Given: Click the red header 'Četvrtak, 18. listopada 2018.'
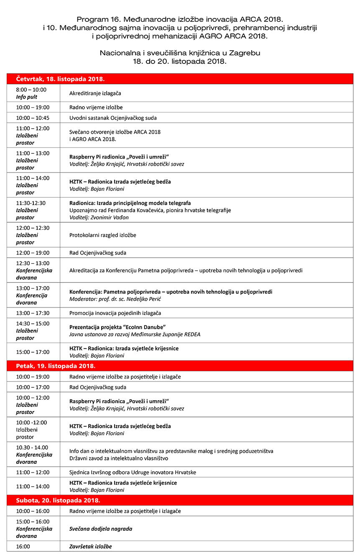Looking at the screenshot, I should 60,79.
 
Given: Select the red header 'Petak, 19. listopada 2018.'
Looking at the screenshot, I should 56,366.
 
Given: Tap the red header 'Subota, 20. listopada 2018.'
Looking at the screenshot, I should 58,500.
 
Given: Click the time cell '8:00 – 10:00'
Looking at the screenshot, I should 31,90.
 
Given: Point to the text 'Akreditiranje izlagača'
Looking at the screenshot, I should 95,94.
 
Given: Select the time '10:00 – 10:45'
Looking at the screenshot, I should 33,118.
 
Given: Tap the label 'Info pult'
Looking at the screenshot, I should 27,97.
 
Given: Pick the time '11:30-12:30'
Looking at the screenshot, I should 31,203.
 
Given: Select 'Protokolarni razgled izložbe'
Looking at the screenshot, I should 103,235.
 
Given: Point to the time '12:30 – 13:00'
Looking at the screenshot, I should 33,263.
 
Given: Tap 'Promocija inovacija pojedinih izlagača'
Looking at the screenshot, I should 115,313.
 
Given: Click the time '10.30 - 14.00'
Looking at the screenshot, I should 32,447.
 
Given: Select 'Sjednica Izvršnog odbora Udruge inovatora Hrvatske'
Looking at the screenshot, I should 133,472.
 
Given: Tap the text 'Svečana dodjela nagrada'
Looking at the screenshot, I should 101,529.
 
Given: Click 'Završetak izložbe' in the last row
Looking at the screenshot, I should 91,546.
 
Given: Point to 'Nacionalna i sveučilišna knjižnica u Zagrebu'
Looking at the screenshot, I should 180,53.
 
